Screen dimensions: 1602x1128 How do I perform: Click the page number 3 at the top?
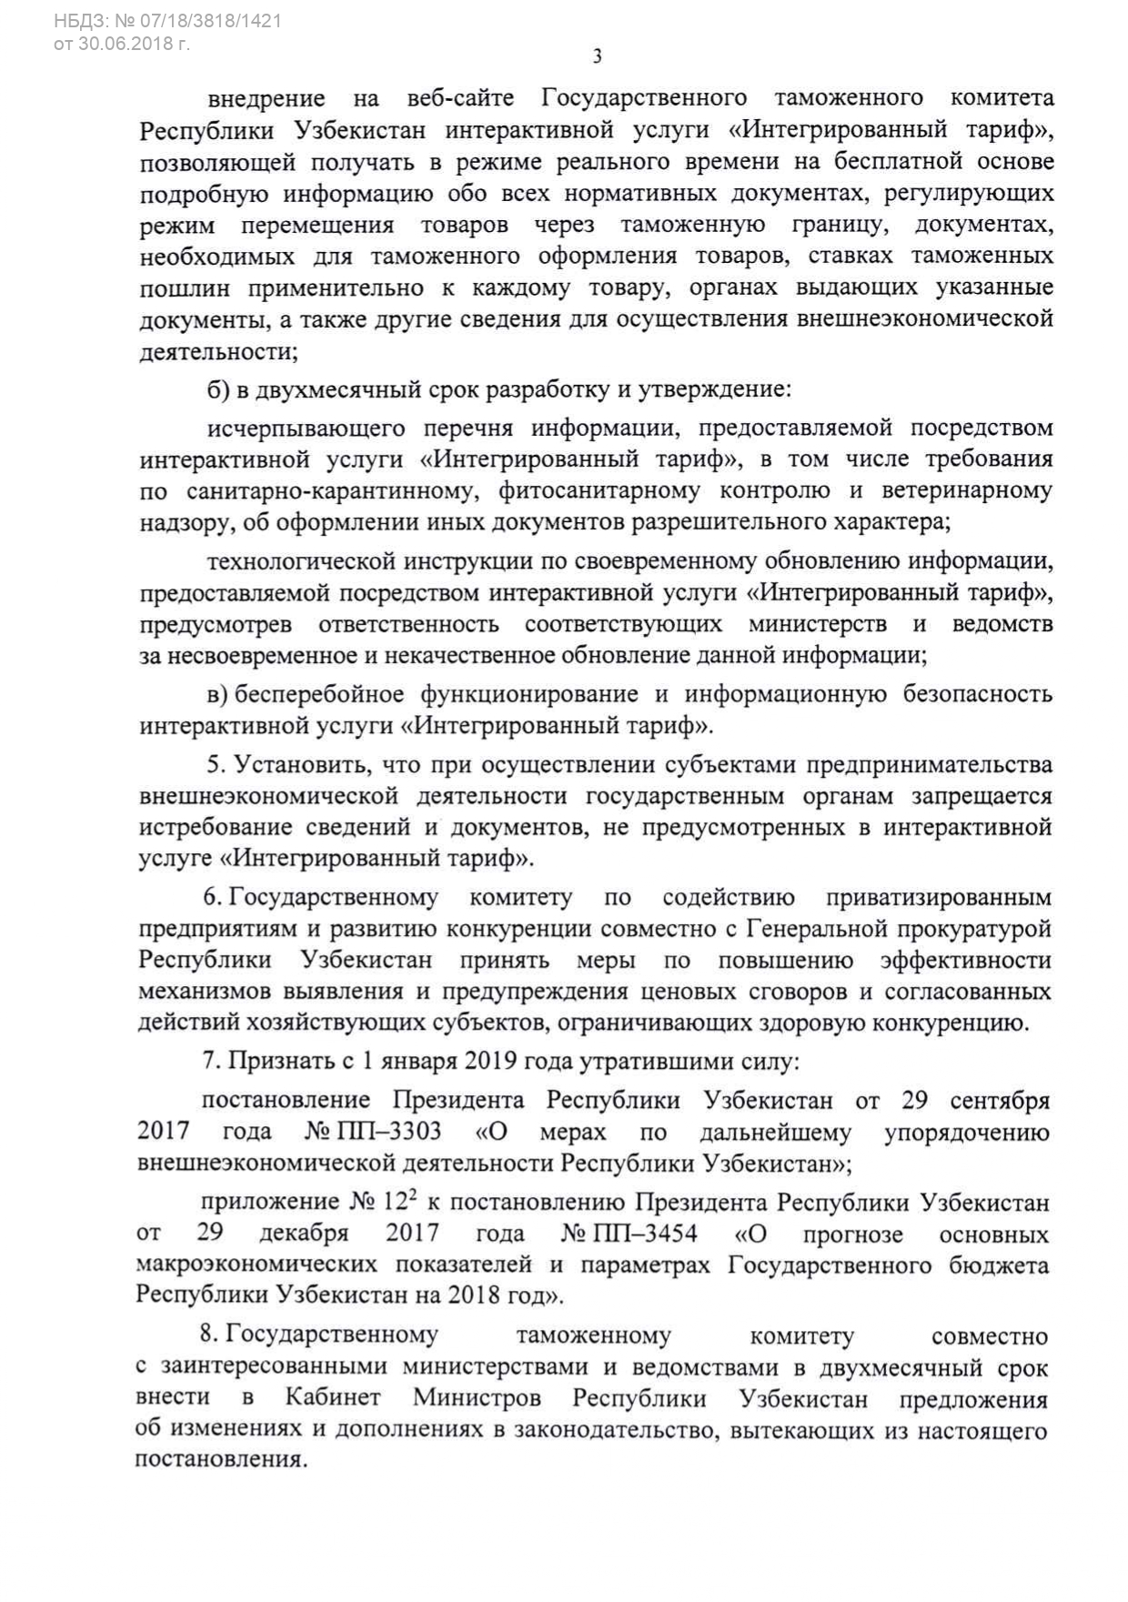click(x=597, y=56)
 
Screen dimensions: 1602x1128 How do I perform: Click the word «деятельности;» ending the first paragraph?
click(x=218, y=351)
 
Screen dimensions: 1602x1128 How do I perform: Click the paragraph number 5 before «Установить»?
click(x=213, y=765)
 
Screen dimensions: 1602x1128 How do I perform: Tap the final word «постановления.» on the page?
click(x=221, y=1459)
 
